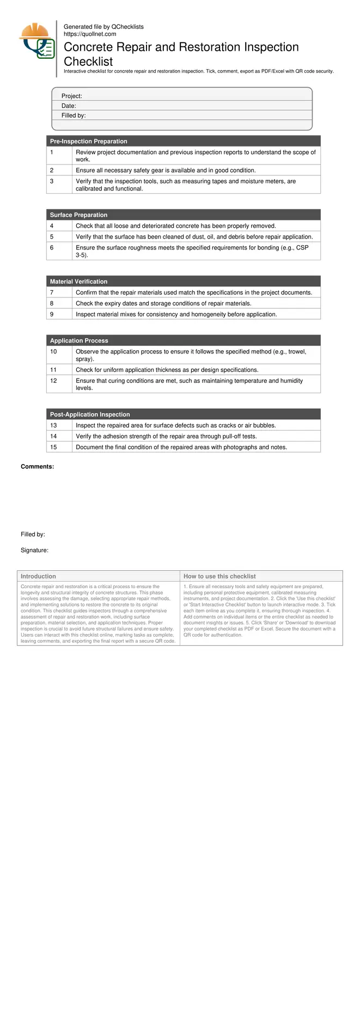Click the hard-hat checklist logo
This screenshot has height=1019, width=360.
coord(36,41)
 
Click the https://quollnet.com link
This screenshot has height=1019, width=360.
coord(90,34)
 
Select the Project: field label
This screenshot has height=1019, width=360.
coord(72,96)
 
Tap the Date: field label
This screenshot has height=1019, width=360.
coord(69,106)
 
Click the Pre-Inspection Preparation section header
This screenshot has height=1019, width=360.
coord(89,141)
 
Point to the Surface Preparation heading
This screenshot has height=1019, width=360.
coord(79,215)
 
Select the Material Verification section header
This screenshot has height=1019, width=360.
coord(79,282)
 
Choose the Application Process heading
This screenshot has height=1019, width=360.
coord(80,341)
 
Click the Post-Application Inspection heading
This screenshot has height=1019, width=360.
coord(90,414)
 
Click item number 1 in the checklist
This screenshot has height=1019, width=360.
coord(52,152)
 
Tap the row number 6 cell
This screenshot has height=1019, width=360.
coord(52,248)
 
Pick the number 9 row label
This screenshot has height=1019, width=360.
coord(52,314)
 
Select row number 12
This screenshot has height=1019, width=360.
coord(53,381)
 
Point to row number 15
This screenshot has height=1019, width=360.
coord(53,447)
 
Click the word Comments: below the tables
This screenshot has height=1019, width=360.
coord(38,467)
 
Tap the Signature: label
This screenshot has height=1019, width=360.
coord(35,550)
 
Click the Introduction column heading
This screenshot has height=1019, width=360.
coord(38,576)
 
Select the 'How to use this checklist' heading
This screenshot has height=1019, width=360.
coord(219,576)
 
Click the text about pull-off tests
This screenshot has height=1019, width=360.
coord(166,436)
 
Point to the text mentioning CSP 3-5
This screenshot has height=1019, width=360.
coord(192,251)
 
